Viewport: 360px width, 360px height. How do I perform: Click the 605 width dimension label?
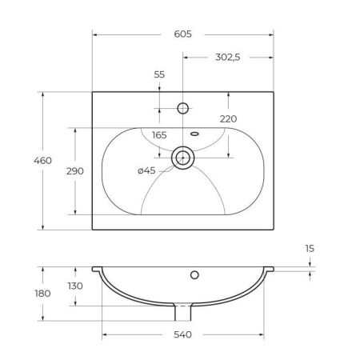(183, 34)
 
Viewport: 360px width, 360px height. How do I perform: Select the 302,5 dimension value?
(229, 57)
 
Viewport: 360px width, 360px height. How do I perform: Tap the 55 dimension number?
(158, 74)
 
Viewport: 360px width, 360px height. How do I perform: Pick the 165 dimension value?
(158, 134)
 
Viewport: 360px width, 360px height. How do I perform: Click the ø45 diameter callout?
(146, 170)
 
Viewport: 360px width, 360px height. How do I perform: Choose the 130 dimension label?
(75, 286)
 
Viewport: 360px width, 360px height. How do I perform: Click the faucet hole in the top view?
(183, 106)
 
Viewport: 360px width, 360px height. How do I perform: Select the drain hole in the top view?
(183, 158)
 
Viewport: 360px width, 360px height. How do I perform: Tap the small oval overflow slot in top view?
(194, 133)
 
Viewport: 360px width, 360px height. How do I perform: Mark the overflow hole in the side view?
(194, 276)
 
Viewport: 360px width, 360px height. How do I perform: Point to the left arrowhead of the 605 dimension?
(95, 34)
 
